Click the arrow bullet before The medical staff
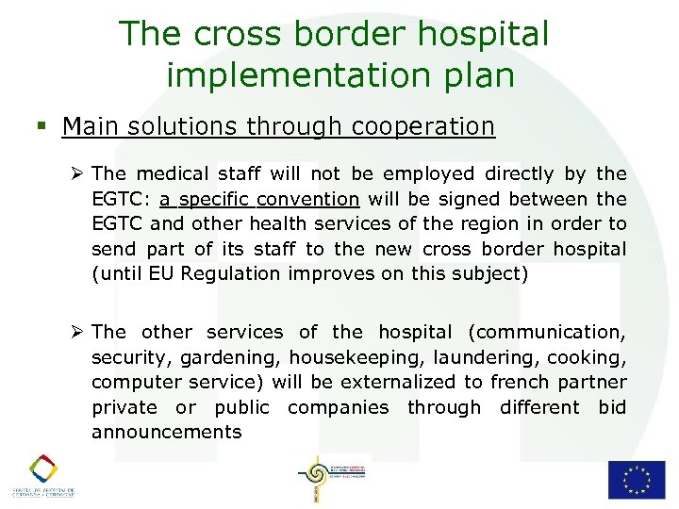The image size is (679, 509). click(79, 173)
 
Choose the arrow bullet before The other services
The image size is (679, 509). click(79, 332)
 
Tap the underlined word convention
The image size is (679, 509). click(315, 199)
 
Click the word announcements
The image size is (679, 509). click(166, 433)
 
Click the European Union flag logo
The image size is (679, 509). click(636, 479)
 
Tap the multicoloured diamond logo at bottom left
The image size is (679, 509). click(42, 468)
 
